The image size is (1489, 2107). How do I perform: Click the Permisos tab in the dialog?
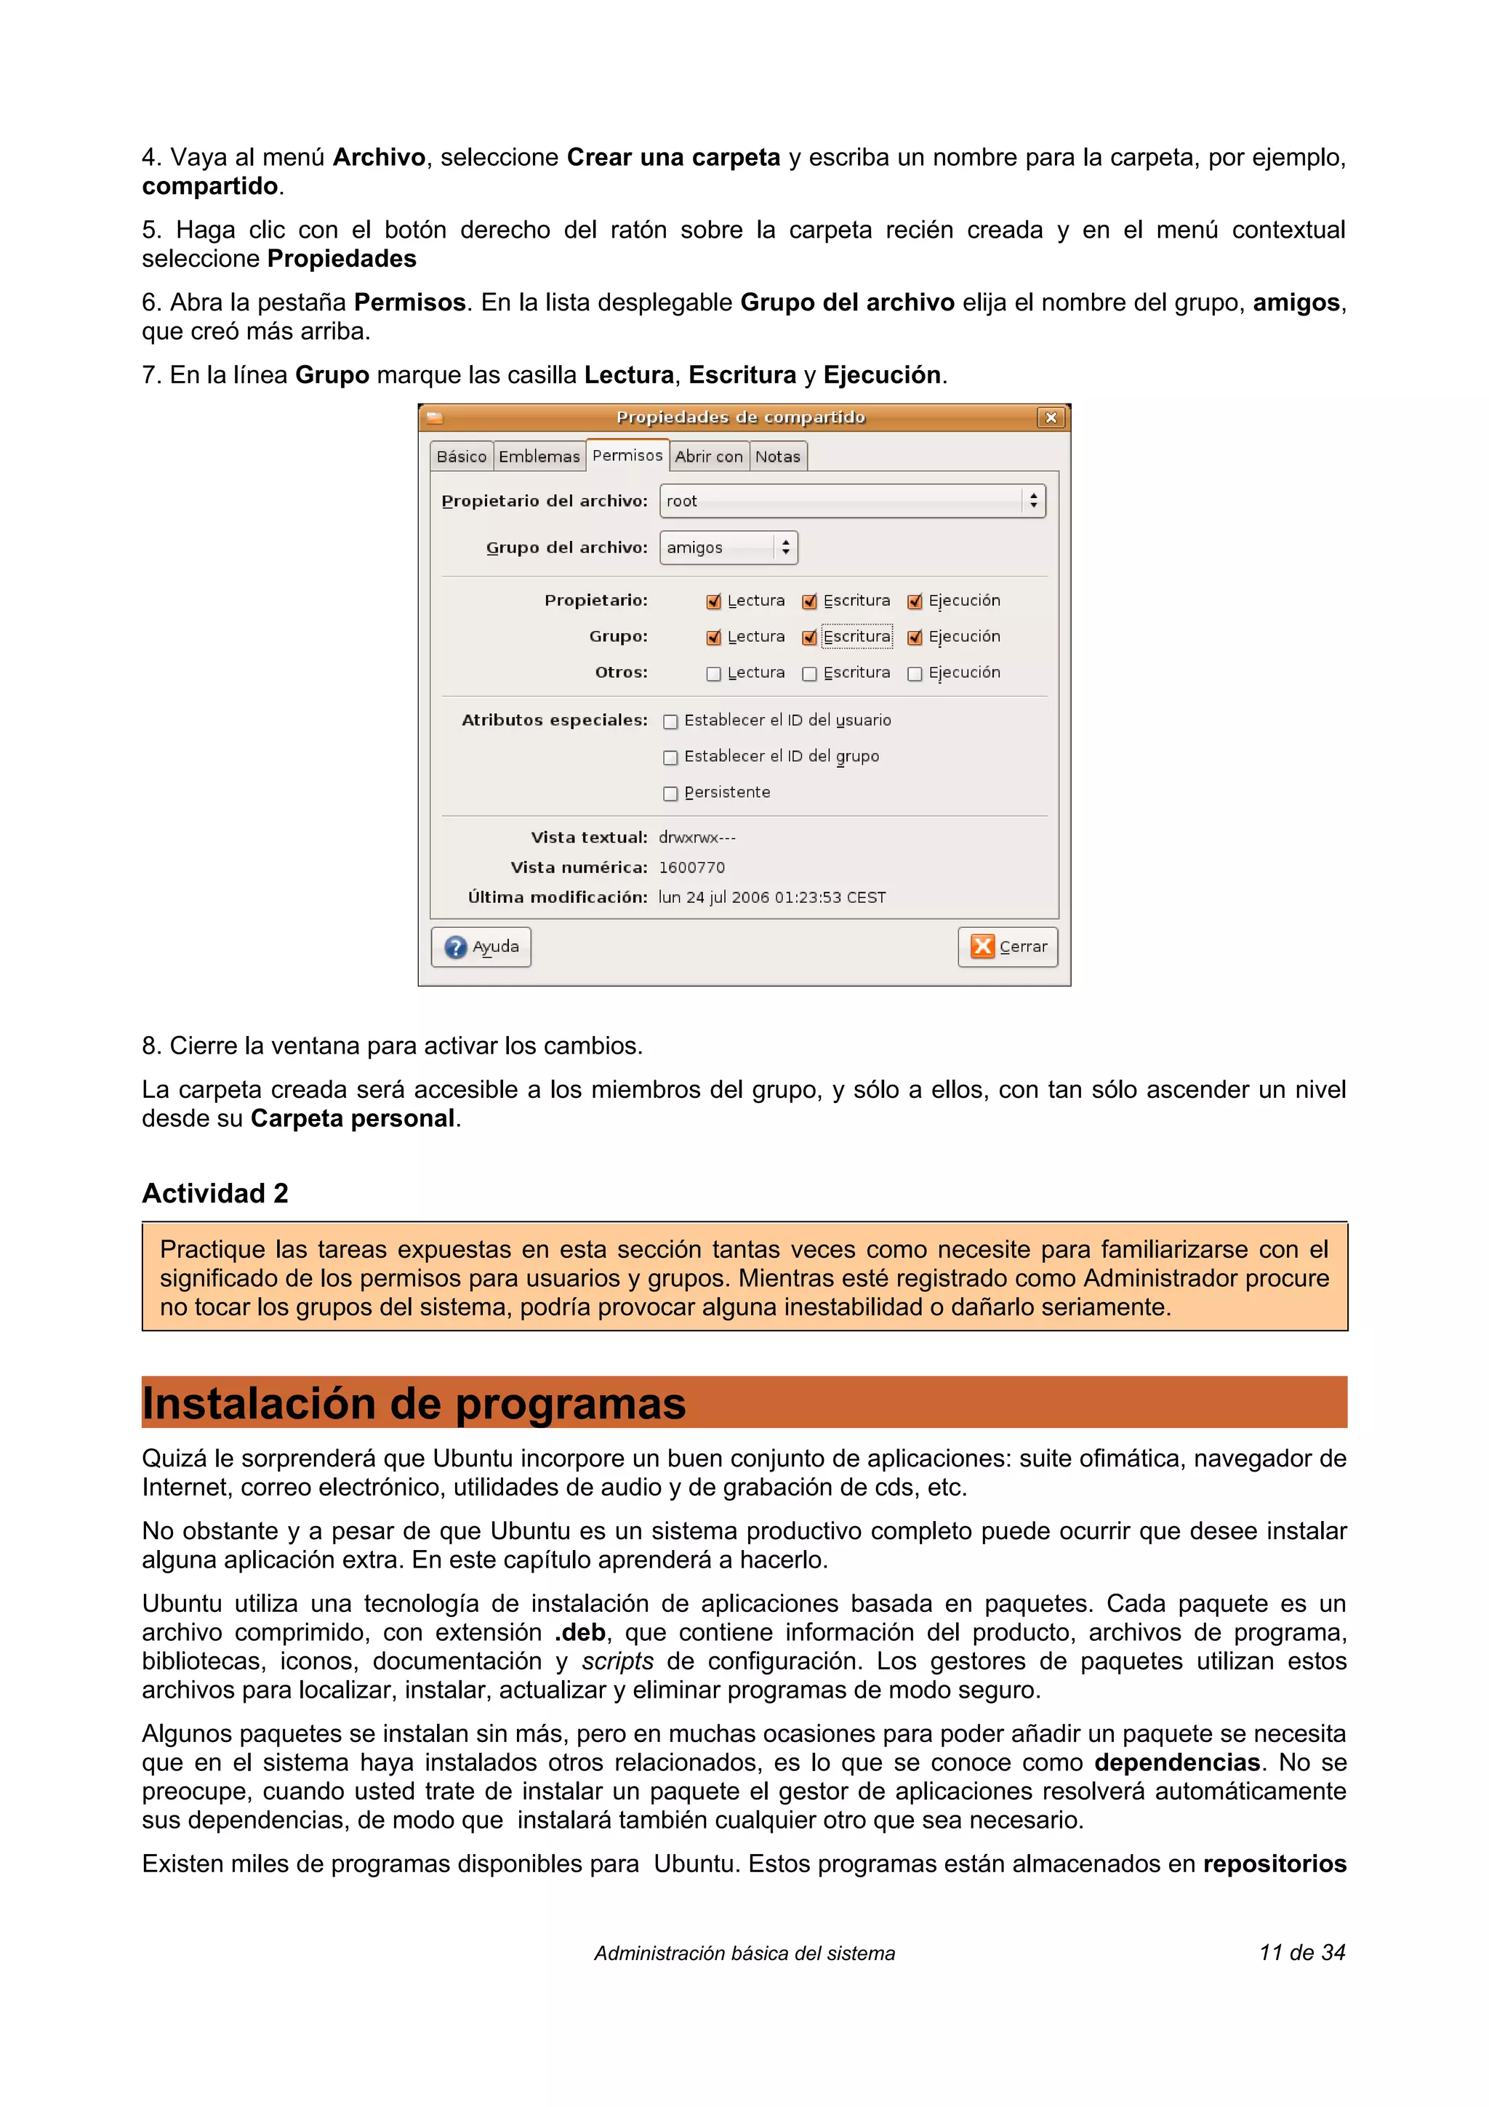click(627, 455)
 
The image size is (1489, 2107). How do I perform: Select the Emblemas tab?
click(539, 456)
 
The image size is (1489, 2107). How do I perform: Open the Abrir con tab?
click(708, 456)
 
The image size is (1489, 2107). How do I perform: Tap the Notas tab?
click(777, 456)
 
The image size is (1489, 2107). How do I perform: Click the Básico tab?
click(462, 456)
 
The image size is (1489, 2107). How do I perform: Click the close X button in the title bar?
click(1051, 417)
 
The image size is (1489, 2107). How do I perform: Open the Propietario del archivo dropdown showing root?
click(851, 501)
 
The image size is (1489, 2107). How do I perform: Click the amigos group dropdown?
click(729, 548)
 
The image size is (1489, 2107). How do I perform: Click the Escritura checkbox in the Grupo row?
click(809, 638)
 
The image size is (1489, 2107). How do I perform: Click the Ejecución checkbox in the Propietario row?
click(915, 602)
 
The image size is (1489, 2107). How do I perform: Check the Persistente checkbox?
click(670, 794)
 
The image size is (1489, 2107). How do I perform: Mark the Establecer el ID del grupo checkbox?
click(670, 757)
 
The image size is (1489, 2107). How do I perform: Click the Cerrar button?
click(1008, 946)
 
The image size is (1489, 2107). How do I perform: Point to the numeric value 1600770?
click(691, 867)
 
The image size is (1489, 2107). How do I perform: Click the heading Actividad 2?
click(214, 1193)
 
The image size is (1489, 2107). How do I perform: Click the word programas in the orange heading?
click(570, 1403)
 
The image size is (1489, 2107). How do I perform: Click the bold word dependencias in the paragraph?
click(1176, 1762)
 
